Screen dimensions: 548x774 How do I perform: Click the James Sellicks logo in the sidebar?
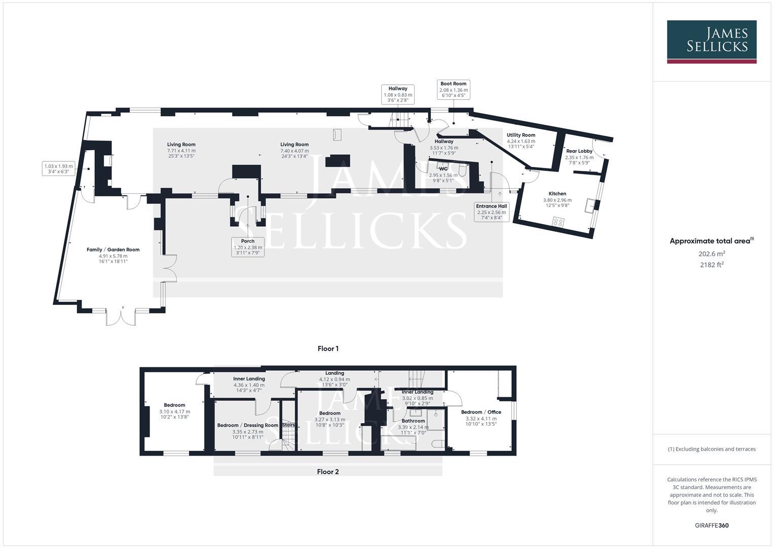tap(711, 42)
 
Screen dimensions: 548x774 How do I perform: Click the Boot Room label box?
tap(453, 89)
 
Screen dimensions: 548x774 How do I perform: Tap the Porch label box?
tap(248, 247)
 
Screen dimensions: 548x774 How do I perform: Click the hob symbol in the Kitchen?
tap(558, 221)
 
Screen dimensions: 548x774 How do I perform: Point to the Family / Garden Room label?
tap(113, 250)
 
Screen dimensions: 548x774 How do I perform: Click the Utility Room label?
tap(521, 135)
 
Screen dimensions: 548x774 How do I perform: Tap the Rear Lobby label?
tap(579, 151)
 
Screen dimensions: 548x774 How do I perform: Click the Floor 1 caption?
tap(328, 349)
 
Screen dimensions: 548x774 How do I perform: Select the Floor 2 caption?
tap(328, 472)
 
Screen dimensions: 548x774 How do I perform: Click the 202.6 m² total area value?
tap(712, 254)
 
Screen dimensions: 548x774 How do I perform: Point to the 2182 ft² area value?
tap(712, 264)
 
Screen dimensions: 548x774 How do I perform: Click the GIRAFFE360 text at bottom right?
tap(712, 525)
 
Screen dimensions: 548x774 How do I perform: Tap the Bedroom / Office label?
tap(481, 412)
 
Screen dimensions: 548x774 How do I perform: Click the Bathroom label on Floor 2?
tap(413, 421)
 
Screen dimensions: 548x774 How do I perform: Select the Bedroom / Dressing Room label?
tap(248, 425)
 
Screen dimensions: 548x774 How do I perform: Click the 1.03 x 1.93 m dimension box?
tap(58, 169)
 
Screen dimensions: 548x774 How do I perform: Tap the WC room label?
tap(443, 168)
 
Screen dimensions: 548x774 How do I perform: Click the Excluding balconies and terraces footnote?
tap(712, 449)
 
